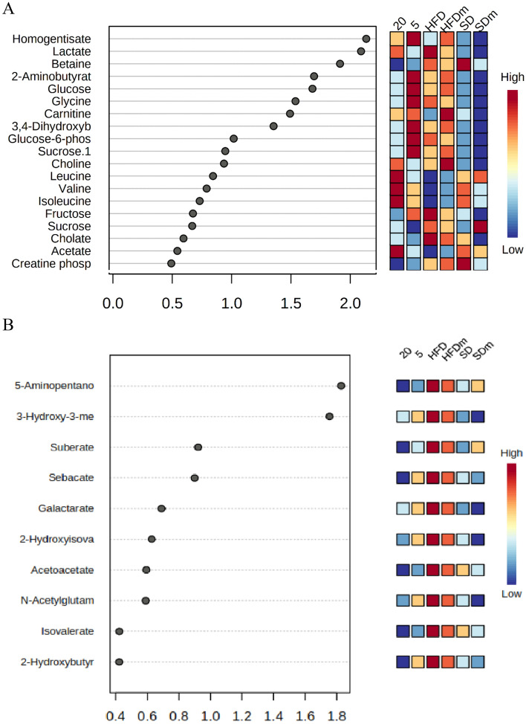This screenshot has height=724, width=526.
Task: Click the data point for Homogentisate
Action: (x=366, y=38)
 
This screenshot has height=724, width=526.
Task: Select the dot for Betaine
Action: (x=340, y=63)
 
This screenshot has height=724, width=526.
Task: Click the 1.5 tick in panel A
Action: (x=291, y=303)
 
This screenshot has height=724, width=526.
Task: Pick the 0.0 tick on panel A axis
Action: (x=113, y=303)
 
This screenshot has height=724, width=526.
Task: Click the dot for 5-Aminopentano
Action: (x=341, y=385)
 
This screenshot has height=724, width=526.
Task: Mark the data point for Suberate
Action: (x=198, y=447)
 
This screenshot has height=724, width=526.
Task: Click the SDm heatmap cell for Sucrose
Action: (x=481, y=226)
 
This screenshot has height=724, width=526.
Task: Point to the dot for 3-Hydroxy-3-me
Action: (x=329, y=416)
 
